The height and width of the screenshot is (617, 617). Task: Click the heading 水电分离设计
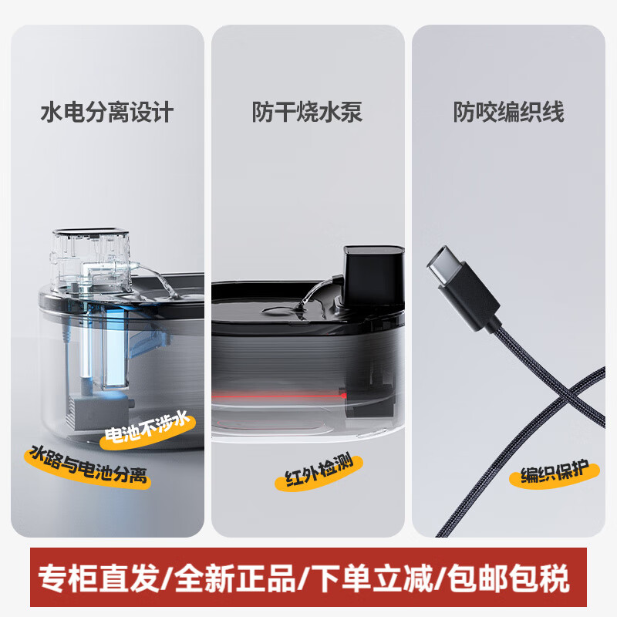tap(107, 113)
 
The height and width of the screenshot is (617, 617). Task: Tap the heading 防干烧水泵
tap(307, 113)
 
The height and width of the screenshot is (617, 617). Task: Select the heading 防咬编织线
tap(508, 113)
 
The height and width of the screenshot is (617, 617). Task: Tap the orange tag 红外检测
tap(308, 473)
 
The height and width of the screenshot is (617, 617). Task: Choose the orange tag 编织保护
tap(554, 471)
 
